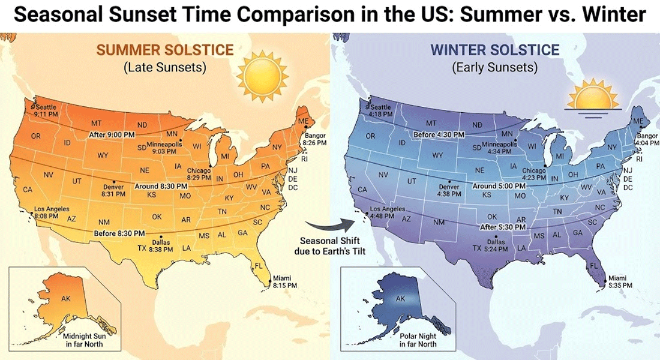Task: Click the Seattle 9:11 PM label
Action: pos(46,110)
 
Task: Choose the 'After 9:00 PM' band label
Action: pos(112,135)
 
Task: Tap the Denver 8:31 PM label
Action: pos(113,190)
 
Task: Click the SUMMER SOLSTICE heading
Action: pos(164,50)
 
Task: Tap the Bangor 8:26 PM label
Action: pos(314,140)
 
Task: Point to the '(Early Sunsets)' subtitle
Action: pos(494,67)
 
